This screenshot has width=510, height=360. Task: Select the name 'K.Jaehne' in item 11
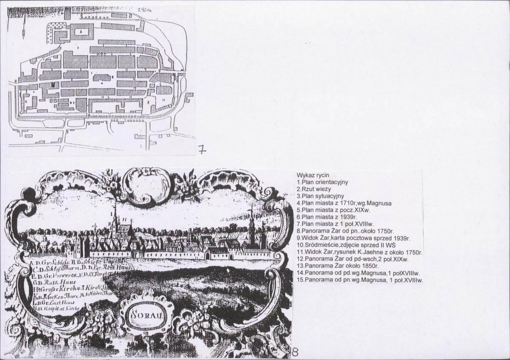tap(369, 252)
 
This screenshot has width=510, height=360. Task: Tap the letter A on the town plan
tap(80, 31)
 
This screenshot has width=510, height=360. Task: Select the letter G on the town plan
tap(26, 102)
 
